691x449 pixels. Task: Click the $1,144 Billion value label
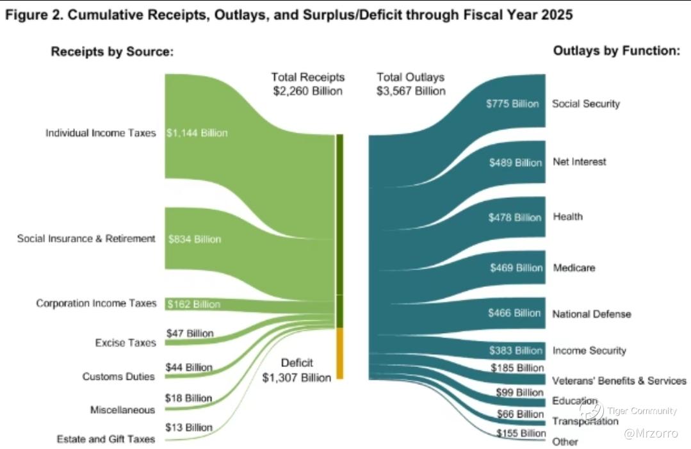tap(197, 133)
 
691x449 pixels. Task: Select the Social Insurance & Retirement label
tap(86, 238)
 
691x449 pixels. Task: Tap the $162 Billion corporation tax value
tap(193, 304)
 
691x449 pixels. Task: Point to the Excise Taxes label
tap(126, 343)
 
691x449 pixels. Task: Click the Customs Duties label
tap(118, 377)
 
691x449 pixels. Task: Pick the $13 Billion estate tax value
tap(188, 427)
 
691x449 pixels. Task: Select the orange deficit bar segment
tap(340, 353)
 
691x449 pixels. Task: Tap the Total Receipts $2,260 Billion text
tap(308, 84)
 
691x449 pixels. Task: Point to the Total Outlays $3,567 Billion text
tap(411, 84)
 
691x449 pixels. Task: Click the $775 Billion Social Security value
tap(512, 104)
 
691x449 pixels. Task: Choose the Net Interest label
tap(579, 161)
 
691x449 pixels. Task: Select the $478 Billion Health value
tap(515, 218)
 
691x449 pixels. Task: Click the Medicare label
tap(574, 267)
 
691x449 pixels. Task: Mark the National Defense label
tap(592, 314)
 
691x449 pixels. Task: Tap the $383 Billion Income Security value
tap(516, 350)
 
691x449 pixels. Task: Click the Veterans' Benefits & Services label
tap(619, 380)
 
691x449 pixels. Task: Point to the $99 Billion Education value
tap(519, 392)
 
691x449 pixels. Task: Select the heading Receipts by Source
tap(112, 52)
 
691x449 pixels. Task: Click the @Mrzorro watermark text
tap(651, 433)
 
